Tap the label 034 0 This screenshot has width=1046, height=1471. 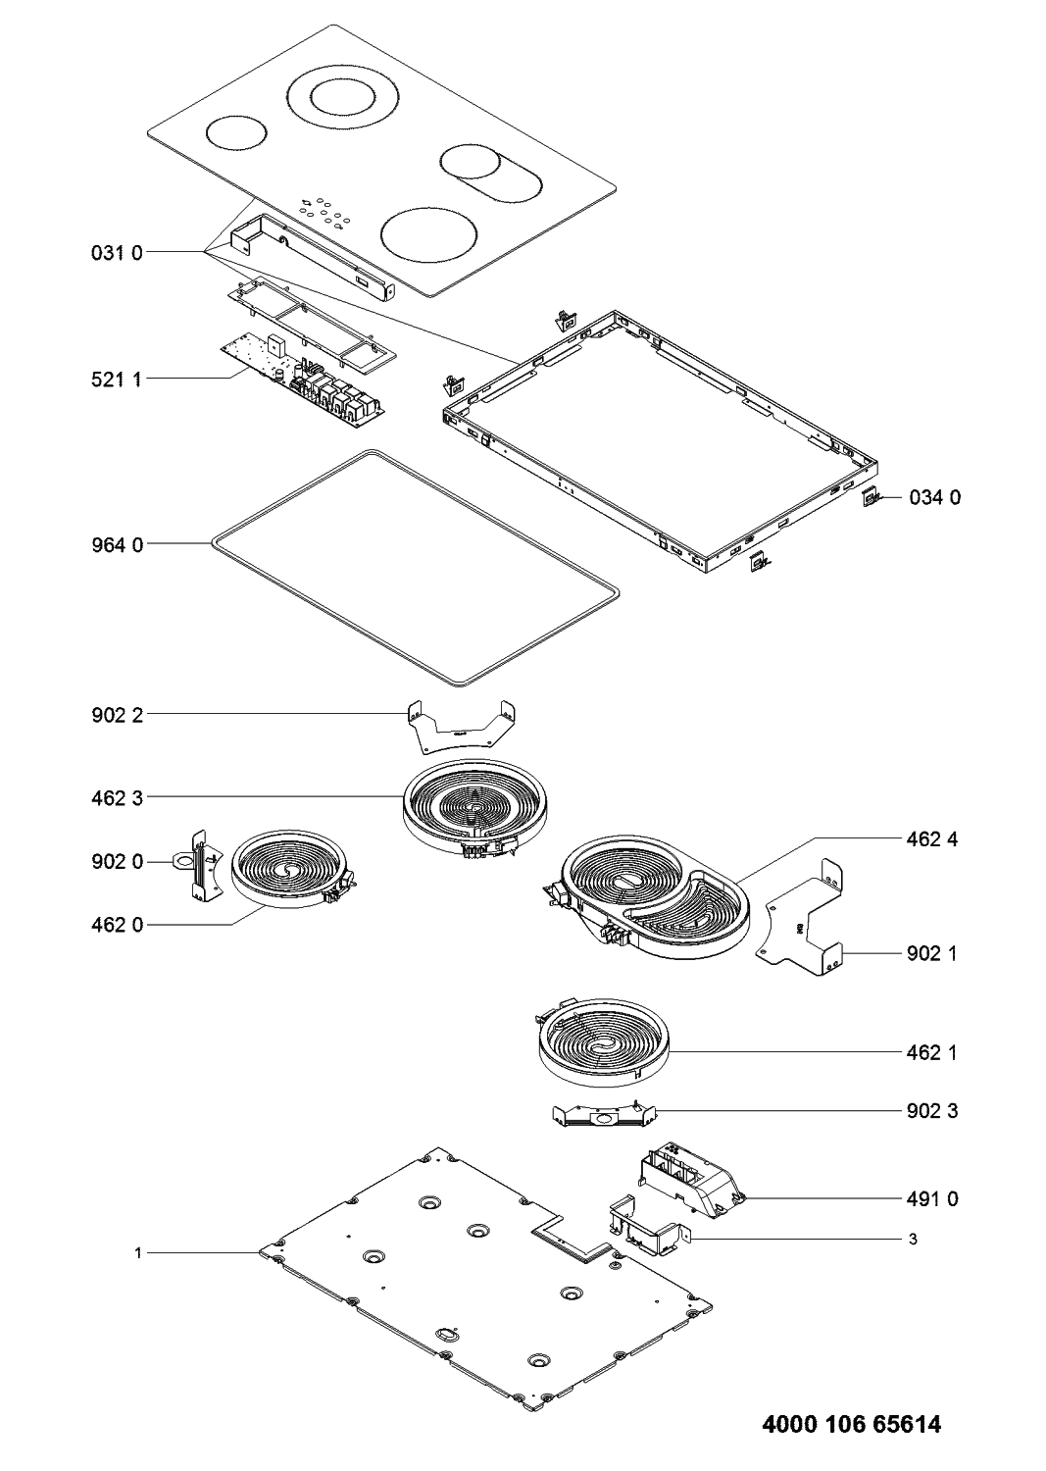934,497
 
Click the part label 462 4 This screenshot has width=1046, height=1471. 931,838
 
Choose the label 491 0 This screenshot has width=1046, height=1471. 931,1198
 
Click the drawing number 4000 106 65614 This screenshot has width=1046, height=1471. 851,1424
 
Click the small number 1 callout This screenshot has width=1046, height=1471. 139,1252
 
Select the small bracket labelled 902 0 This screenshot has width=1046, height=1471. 201,864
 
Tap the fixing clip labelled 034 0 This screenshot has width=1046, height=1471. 870,498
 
